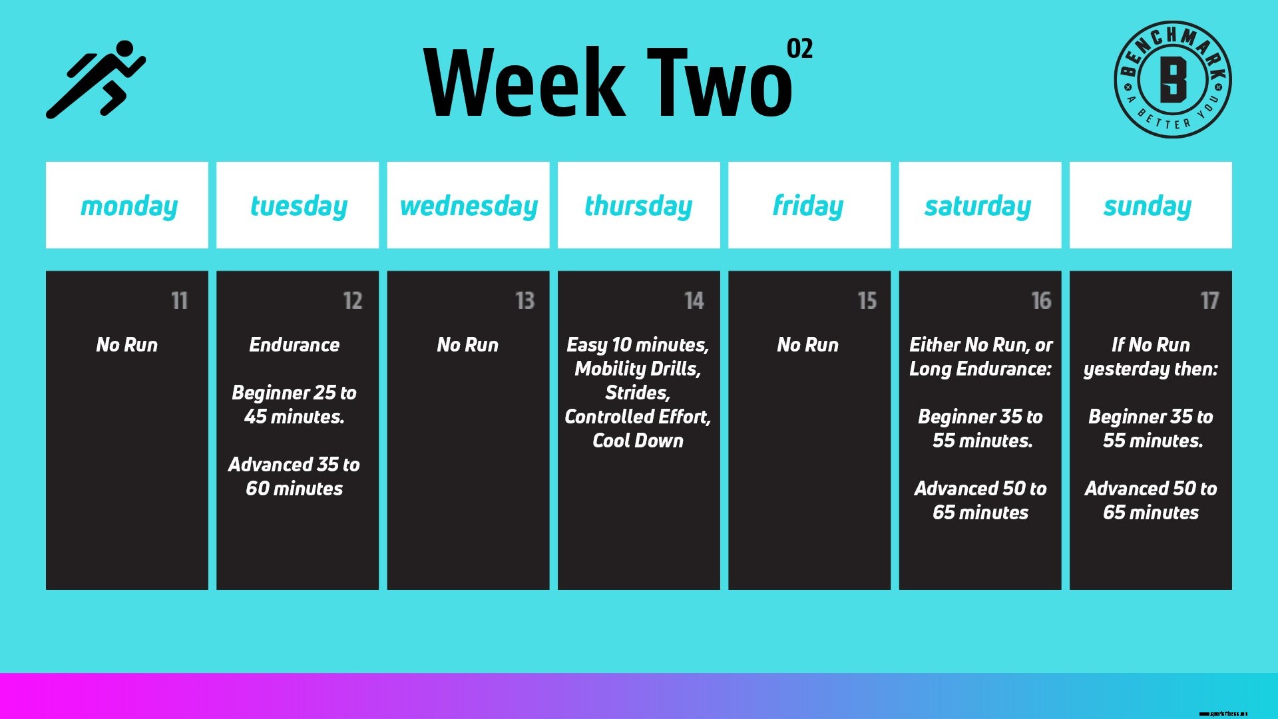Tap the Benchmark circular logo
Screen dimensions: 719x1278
[1172, 79]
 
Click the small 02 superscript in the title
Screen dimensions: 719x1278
[799, 49]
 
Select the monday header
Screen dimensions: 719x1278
[128, 206]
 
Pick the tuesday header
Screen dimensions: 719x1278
[298, 206]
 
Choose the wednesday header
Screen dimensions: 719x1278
[469, 206]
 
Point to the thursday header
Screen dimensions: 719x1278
[638, 206]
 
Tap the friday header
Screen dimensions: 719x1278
[808, 206]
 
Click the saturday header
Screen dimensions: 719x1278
[978, 206]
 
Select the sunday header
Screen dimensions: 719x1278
[1148, 206]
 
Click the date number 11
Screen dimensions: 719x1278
[179, 301]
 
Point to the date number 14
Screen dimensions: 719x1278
[694, 301]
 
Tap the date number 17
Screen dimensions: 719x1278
[1209, 301]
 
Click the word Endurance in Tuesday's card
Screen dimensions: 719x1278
[294, 345]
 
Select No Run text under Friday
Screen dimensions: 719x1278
[807, 345]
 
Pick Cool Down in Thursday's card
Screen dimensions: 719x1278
[638, 441]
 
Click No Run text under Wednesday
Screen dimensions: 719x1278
[467, 345]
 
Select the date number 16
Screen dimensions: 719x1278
[1041, 301]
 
